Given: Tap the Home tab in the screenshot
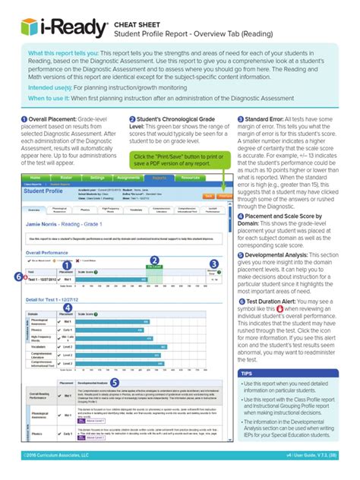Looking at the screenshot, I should tap(35, 176).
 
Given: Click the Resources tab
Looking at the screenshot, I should tap(189, 176).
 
